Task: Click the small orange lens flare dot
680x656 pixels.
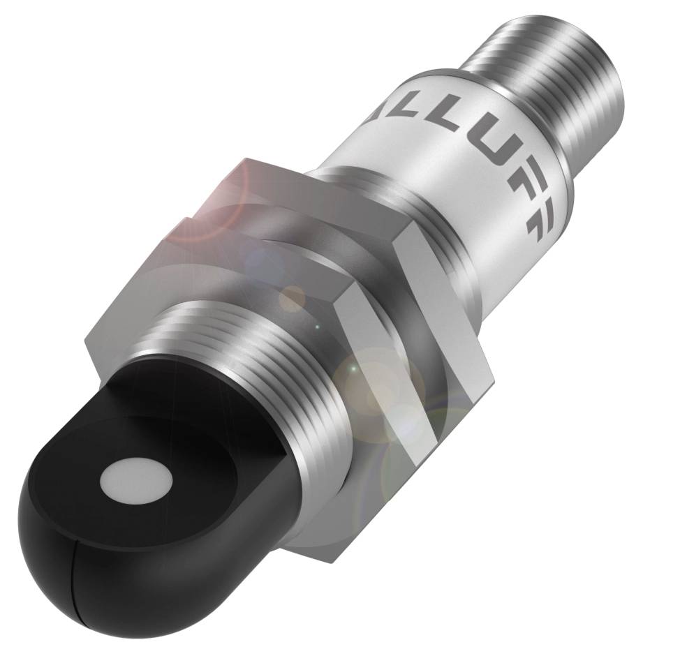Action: coord(292,299)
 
